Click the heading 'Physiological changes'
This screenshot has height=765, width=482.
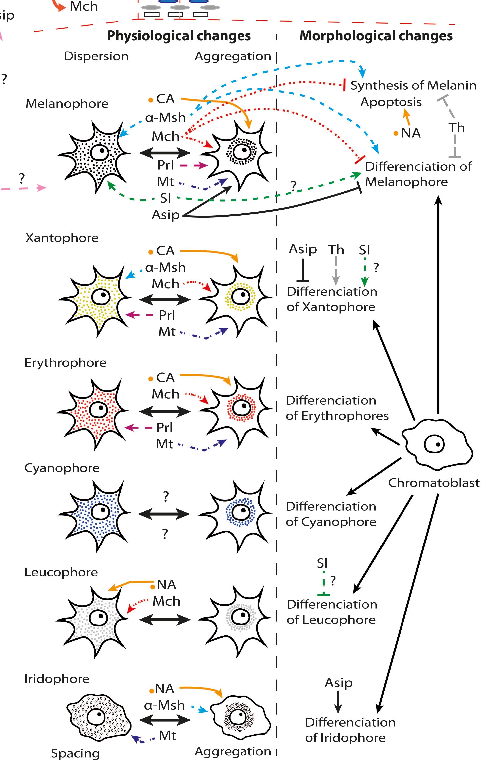[x=178, y=36]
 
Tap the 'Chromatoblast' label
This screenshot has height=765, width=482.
[x=433, y=483]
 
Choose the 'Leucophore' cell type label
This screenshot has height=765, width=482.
[x=61, y=572]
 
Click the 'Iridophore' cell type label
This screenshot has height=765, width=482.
[x=57, y=679]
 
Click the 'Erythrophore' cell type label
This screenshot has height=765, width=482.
[x=65, y=362]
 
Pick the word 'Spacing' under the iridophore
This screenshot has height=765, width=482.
[x=75, y=753]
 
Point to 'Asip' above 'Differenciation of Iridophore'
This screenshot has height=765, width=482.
[x=338, y=683]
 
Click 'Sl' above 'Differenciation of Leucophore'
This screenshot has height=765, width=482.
[x=322, y=563]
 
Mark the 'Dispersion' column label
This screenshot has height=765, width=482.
[x=96, y=56]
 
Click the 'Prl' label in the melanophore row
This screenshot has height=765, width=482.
[x=165, y=165]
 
